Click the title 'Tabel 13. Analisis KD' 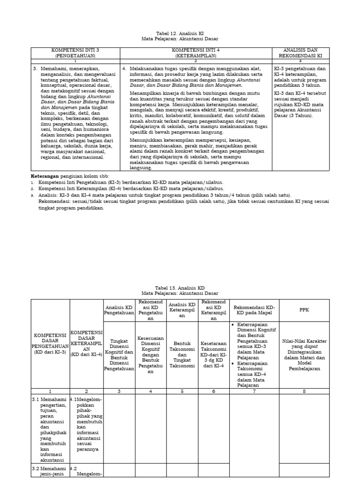180,287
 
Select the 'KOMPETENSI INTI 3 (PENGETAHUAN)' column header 75,52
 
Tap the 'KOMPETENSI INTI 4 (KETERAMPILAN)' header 195,52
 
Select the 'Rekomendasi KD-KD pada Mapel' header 254,310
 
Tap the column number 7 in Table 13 254,391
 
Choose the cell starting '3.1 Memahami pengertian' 50,428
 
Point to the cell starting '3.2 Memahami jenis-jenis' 50,471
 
